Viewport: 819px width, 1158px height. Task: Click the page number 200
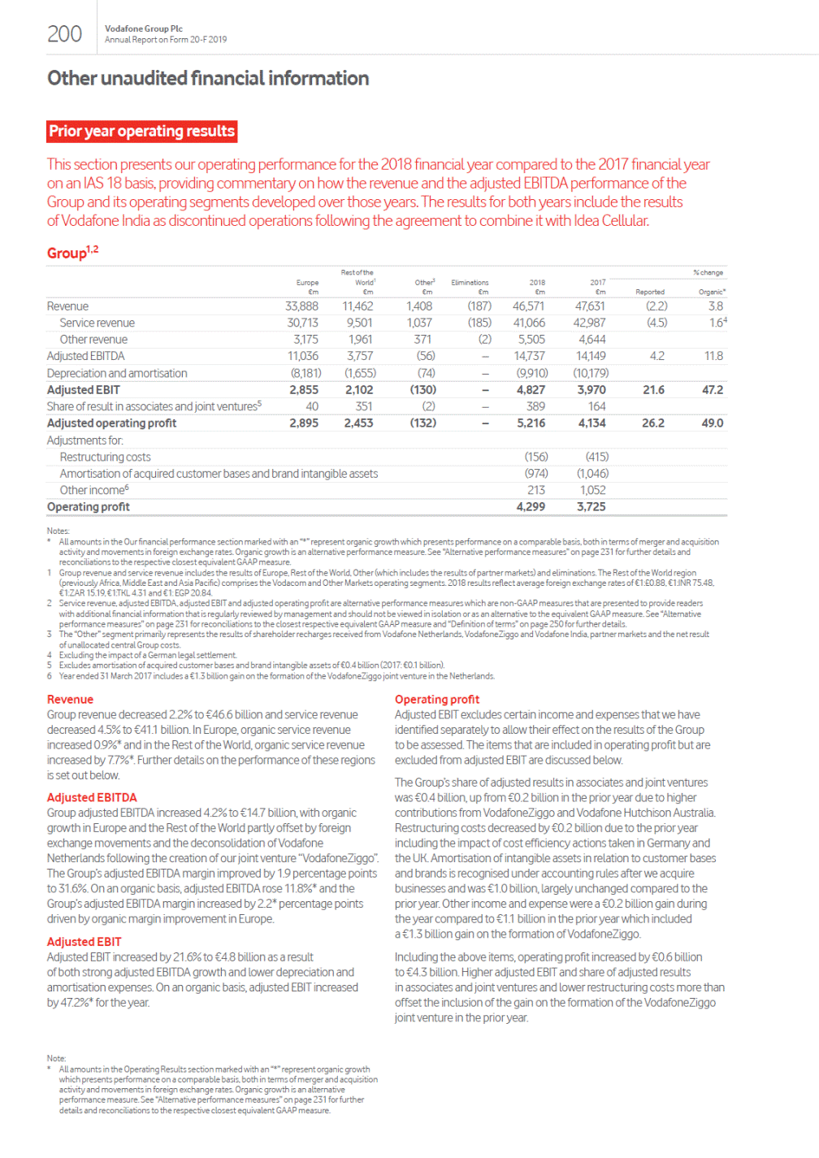tap(64, 34)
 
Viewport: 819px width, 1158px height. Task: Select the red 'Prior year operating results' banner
tap(142, 132)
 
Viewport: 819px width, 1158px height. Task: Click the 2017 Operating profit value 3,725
tap(591, 507)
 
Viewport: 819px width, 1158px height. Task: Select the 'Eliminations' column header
tap(470, 283)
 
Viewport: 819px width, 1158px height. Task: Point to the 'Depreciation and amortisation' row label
tap(117, 373)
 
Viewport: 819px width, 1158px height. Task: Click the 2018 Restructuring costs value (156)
tap(535, 457)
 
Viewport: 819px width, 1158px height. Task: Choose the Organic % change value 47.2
tap(713, 390)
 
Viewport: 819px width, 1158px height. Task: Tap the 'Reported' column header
tap(650, 292)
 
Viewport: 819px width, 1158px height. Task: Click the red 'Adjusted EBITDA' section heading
tap(92, 798)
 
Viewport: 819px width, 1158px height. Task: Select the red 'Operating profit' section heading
tap(437, 700)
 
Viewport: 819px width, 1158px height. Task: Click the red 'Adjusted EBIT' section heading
tap(84, 942)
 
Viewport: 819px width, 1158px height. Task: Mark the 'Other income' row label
tap(93, 490)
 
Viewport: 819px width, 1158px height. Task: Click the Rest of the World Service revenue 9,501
tap(359, 323)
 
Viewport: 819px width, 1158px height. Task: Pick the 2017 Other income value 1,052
tap(592, 490)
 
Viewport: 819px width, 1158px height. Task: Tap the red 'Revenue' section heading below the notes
tap(70, 700)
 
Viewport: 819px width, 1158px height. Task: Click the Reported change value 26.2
tap(652, 423)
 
